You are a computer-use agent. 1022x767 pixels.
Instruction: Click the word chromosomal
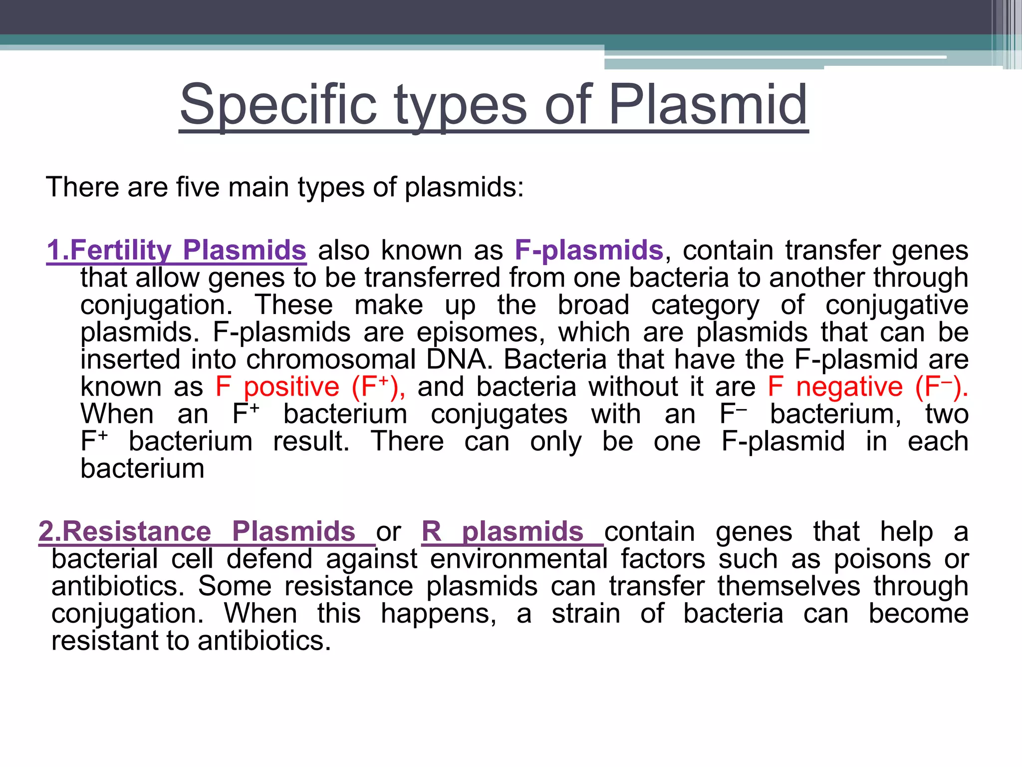(x=331, y=360)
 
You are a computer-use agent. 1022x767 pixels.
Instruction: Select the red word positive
(x=291, y=387)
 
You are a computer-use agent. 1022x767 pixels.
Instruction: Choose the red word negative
(x=849, y=387)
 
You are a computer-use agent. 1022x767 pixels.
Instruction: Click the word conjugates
(x=499, y=414)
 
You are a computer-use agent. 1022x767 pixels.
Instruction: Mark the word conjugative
(x=897, y=305)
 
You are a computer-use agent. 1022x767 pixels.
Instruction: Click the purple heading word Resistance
(x=136, y=531)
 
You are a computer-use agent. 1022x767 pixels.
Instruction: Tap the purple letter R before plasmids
(x=432, y=531)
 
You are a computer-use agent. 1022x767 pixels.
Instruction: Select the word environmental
(x=518, y=559)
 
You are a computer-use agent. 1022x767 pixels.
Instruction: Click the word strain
(x=586, y=613)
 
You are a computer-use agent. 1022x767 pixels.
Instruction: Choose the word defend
(x=269, y=559)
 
